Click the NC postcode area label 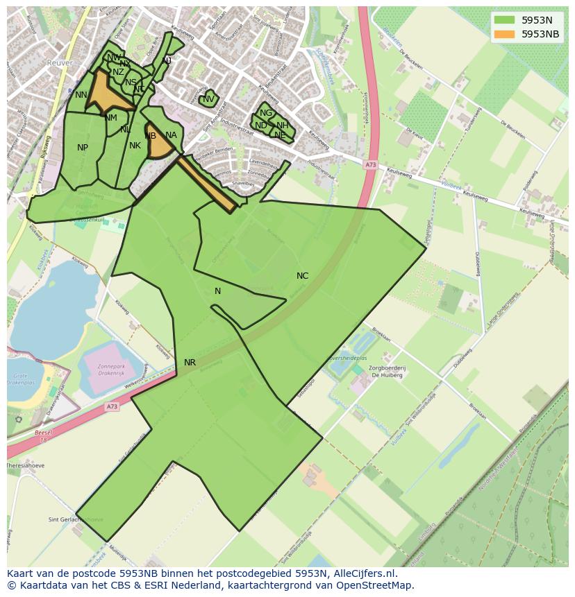click(302, 276)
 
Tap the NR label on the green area click(190, 363)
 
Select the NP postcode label click(83, 148)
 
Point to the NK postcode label click(135, 146)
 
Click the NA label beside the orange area click(171, 135)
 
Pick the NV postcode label click(208, 99)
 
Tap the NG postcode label click(265, 113)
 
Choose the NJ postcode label click(167, 61)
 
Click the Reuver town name click(60, 62)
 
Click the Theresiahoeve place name click(26, 466)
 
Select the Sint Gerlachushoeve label click(75, 519)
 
